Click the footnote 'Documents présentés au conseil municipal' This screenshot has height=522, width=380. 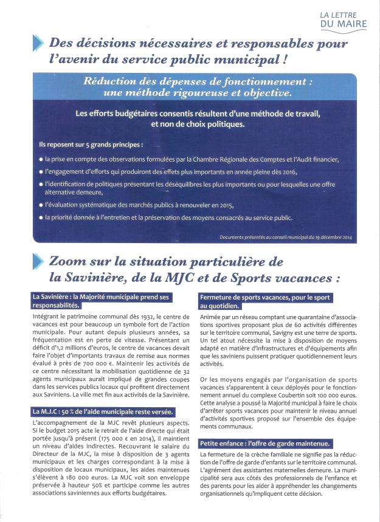pyautogui.click(x=296, y=236)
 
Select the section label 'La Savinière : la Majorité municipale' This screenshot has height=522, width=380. pyautogui.click(x=101, y=300)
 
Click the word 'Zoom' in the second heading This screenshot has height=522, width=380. pyautogui.click(x=67, y=263)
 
